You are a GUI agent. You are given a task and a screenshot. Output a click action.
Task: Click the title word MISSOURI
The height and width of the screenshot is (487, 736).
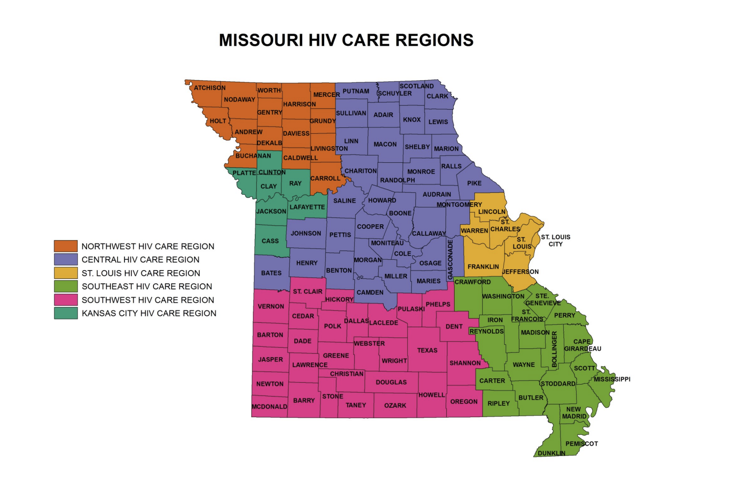point(261,40)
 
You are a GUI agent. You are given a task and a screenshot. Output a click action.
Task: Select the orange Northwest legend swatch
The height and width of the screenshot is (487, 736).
point(65,246)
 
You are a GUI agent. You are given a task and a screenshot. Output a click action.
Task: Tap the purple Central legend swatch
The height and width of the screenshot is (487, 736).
point(65,259)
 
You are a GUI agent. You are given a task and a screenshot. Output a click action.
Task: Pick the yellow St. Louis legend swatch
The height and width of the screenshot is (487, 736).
point(65,273)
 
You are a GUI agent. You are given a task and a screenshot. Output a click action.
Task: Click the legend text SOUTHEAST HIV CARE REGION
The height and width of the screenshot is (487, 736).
point(147,286)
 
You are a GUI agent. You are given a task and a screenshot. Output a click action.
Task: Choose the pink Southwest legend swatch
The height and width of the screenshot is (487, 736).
point(65,300)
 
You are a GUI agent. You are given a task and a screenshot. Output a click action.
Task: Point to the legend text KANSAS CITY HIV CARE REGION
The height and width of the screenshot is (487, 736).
point(149,313)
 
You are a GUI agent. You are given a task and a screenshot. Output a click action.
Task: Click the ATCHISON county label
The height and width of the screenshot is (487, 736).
point(210,88)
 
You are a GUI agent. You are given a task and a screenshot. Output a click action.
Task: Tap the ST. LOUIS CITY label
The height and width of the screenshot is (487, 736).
point(555,241)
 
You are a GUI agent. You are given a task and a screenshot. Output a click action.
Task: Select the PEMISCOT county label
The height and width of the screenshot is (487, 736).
point(582,444)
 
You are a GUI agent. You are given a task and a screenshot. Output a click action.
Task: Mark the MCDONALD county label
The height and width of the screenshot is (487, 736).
point(269,407)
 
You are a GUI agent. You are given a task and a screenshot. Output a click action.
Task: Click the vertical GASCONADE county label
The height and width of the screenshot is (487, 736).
point(450,260)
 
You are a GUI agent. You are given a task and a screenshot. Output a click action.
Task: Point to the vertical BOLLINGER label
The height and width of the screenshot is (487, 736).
point(554,349)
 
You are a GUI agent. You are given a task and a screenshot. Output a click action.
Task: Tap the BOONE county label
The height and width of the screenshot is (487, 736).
point(400,213)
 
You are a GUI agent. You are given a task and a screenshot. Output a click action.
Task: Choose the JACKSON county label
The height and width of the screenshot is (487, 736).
point(271,212)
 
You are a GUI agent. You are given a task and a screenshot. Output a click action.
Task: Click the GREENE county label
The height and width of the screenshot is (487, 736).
point(336,356)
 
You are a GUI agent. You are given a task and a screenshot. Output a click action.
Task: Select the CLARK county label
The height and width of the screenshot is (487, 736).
point(437,96)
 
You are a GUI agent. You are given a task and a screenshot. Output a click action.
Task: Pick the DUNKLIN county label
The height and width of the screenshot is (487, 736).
point(551,453)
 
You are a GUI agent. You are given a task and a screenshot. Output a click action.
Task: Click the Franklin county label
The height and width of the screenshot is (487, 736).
point(483,267)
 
